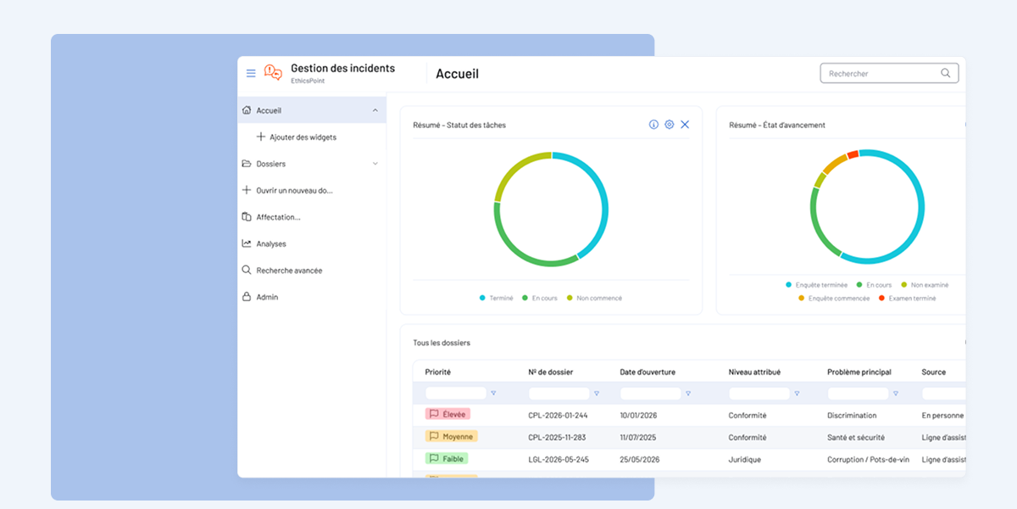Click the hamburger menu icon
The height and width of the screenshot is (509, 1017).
pyautogui.click(x=251, y=73)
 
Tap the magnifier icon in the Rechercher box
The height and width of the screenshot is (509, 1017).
pyautogui.click(x=945, y=73)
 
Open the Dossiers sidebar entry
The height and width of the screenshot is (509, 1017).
pyautogui.click(x=270, y=164)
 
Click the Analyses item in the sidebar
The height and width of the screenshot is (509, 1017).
pyautogui.click(x=271, y=243)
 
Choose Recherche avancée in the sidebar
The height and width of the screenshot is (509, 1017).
pyautogui.click(x=289, y=271)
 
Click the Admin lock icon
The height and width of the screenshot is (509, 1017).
pyautogui.click(x=247, y=297)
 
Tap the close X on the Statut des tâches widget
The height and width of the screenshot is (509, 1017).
pyautogui.click(x=685, y=125)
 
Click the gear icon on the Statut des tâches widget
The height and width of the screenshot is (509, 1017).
pyautogui.click(x=670, y=125)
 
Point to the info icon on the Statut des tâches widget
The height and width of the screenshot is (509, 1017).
pyautogui.click(x=653, y=125)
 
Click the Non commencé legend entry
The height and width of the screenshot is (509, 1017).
pyautogui.click(x=594, y=298)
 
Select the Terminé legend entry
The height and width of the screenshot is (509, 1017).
pyautogui.click(x=497, y=298)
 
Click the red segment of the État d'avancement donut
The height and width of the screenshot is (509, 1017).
pyautogui.click(x=853, y=154)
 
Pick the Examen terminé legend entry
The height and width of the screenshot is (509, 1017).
pyautogui.click(x=907, y=298)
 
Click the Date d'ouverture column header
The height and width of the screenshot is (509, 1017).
pyautogui.click(x=647, y=372)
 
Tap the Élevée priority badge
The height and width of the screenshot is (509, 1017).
pyautogui.click(x=447, y=414)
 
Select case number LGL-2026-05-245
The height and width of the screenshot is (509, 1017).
pyautogui.click(x=559, y=460)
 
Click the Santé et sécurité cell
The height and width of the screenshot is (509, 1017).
pyautogui.click(x=856, y=437)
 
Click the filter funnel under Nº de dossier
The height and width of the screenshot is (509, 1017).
pyautogui.click(x=597, y=394)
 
